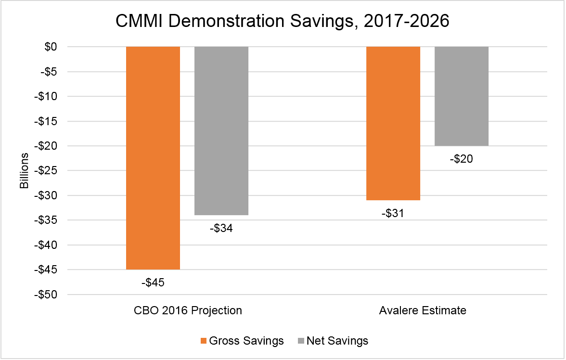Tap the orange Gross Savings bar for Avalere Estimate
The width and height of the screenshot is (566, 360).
click(x=393, y=123)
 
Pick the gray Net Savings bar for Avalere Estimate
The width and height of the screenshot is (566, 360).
click(x=462, y=96)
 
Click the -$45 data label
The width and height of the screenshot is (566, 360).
click(x=153, y=283)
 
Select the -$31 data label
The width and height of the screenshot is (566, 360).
click(x=393, y=213)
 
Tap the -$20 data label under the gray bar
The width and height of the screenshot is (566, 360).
click(x=462, y=159)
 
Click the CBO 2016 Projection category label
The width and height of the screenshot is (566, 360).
click(x=188, y=310)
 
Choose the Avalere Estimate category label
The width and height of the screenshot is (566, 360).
click(x=423, y=310)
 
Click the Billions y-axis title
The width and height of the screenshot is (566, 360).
click(x=25, y=171)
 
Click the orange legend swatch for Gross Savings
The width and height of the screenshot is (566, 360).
click(x=203, y=341)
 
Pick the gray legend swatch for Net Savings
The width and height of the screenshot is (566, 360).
click(x=301, y=341)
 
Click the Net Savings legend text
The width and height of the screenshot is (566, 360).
click(x=337, y=341)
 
